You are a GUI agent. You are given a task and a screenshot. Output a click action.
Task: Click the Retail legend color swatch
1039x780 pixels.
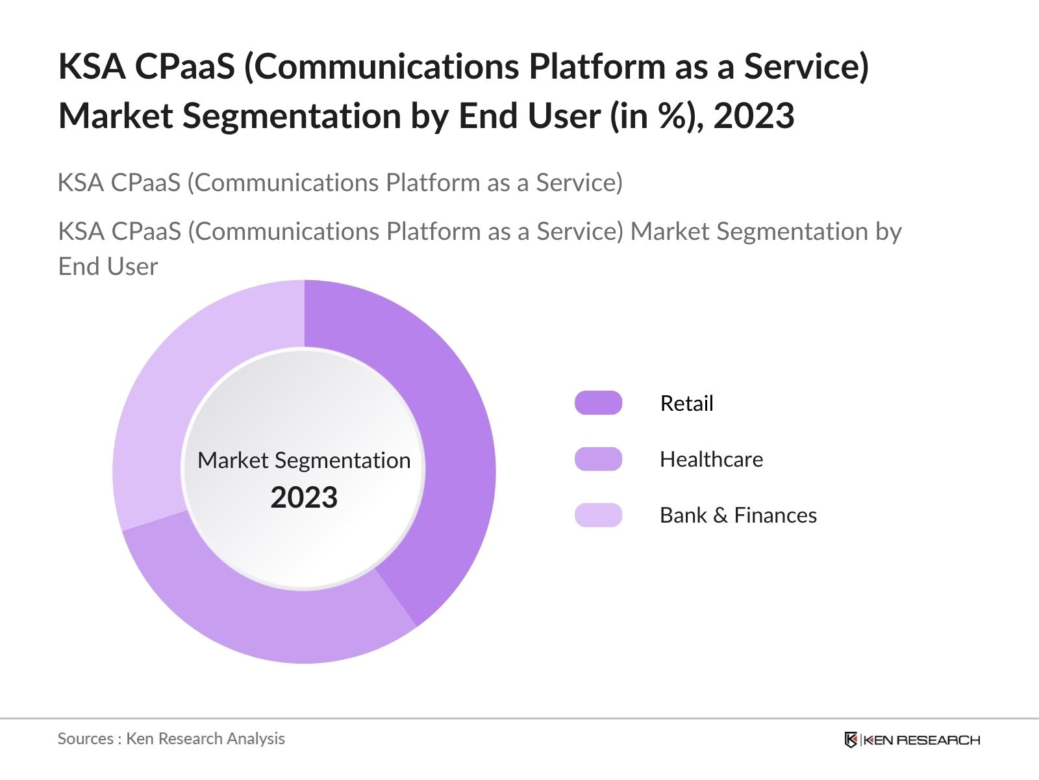coord(598,403)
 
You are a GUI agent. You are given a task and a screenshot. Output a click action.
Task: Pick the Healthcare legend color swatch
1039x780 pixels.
coord(598,459)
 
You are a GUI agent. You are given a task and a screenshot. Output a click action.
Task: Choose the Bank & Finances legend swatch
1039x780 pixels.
coord(598,515)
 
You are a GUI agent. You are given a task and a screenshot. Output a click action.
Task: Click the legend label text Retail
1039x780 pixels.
coord(686,403)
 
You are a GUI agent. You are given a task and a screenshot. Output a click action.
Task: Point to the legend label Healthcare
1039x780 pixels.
coord(711,459)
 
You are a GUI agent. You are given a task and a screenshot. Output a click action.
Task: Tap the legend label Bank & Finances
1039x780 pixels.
coord(738,515)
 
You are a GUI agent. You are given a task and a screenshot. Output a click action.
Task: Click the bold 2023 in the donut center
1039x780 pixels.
coord(304,497)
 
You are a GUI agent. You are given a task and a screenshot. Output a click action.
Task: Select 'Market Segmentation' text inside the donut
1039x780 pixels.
coord(304,460)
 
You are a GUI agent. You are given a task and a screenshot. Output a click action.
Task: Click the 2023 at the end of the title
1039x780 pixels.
coord(753,116)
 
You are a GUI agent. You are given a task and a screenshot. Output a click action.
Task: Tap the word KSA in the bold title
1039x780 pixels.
coord(92,66)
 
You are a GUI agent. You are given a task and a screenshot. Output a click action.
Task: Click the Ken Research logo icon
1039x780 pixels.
coord(850,740)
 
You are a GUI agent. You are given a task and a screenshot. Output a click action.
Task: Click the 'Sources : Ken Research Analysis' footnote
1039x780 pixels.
coord(171,738)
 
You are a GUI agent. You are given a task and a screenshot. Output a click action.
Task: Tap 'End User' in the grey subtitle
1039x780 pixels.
coord(108,266)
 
